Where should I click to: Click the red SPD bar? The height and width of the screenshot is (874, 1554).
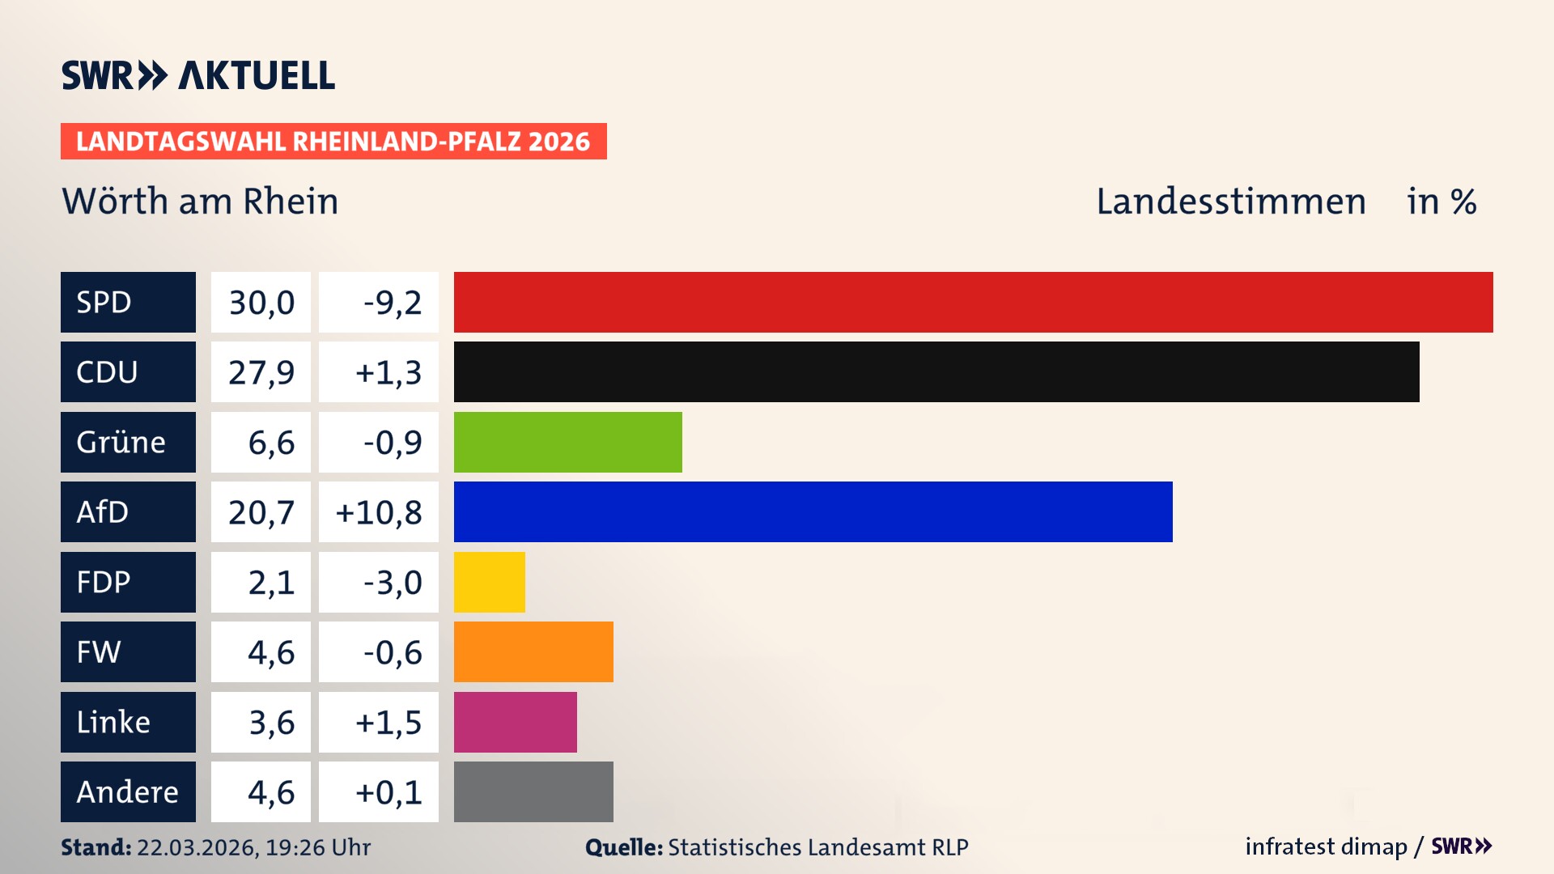click(x=973, y=302)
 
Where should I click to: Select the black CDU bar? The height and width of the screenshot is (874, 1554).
click(x=936, y=372)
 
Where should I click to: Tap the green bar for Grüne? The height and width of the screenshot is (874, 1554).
click(x=567, y=442)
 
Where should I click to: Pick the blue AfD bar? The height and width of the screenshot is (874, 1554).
click(x=813, y=512)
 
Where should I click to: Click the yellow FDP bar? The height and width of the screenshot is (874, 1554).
click(x=489, y=582)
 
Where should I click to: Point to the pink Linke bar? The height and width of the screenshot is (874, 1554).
click(x=515, y=722)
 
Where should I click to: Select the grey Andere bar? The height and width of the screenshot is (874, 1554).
click(x=533, y=791)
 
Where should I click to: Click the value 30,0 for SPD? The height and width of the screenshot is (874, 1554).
click(x=261, y=303)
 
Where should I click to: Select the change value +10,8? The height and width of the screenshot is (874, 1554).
click(x=379, y=512)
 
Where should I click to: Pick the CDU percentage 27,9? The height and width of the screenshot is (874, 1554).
click(x=261, y=372)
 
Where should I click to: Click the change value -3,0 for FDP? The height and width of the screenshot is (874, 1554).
click(x=393, y=583)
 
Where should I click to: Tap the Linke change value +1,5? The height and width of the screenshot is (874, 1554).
click(x=388, y=722)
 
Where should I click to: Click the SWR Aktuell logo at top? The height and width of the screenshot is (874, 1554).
click(x=198, y=75)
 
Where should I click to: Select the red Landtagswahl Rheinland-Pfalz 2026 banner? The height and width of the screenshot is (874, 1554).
click(x=333, y=142)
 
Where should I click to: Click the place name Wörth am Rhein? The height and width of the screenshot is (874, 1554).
click(x=200, y=201)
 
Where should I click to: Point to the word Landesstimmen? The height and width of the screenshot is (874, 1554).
click(x=1231, y=201)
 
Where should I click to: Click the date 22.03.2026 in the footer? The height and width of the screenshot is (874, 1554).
click(x=197, y=847)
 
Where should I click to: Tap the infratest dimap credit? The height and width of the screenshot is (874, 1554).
click(x=1326, y=846)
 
